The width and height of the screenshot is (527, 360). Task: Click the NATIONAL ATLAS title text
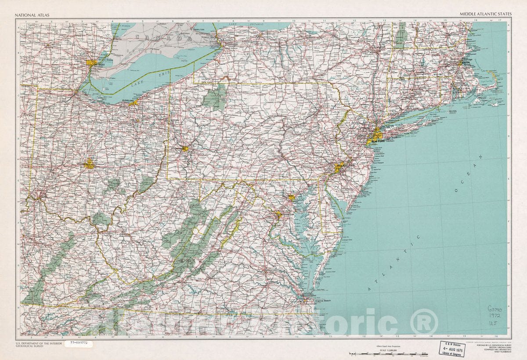tap(32, 15)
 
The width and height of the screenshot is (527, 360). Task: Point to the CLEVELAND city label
tap(128, 101)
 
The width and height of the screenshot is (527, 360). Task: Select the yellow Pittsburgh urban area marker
tap(185, 149)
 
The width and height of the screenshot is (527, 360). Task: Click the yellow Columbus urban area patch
tap(89, 164)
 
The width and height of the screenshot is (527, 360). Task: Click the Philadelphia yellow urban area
tap(339, 167)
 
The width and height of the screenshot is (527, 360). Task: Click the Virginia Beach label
tap(323, 301)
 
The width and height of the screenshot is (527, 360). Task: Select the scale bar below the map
tap(388, 353)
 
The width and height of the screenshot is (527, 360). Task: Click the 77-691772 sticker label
tap(79, 342)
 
